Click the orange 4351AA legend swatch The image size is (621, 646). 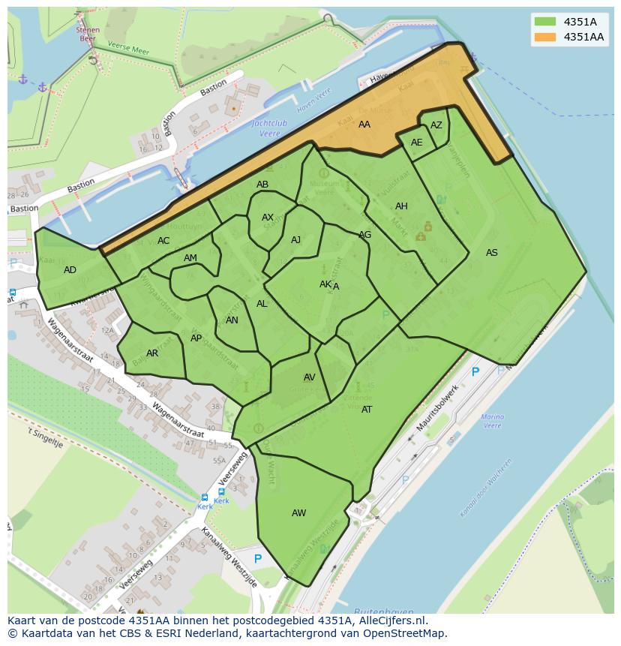tap(545, 37)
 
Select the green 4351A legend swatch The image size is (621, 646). tap(545, 22)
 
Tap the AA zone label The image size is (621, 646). tap(364, 125)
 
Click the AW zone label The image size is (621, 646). tap(298, 513)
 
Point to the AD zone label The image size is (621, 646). tap(70, 270)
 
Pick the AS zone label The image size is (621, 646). tap(491, 253)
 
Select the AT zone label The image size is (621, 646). tap(367, 410)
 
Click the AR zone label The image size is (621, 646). tap(152, 353)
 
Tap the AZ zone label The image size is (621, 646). tap(436, 125)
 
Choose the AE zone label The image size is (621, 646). tap(416, 143)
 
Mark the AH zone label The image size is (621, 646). tap(401, 206)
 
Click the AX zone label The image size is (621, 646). tap(268, 218)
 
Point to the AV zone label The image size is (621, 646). tap(309, 377)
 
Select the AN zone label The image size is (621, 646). tap(232, 320)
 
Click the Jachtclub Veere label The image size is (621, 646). tap(265, 128)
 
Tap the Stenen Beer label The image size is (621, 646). tap(87, 33)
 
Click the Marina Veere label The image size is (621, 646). tap(492, 421)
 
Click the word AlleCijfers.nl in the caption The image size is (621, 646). tap(390, 621)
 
